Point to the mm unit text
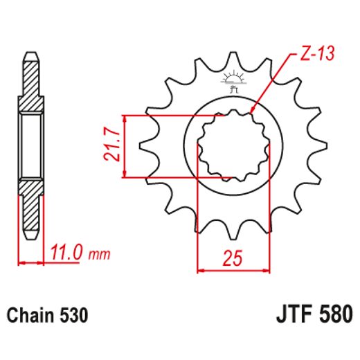click(x=100, y=255)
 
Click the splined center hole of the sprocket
click(x=233, y=146)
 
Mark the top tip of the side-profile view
click(x=31, y=54)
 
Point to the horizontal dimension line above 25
click(x=233, y=269)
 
